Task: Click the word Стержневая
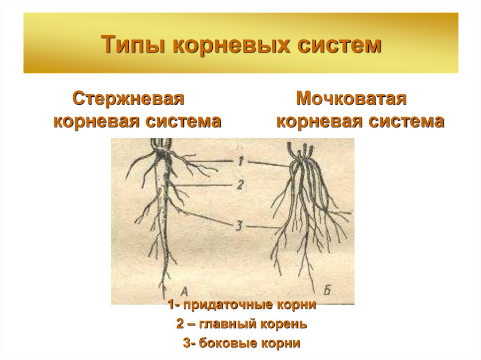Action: (127, 99)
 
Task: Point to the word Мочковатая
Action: (351, 99)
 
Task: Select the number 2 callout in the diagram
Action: (240, 185)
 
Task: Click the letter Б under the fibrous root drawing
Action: (327, 290)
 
